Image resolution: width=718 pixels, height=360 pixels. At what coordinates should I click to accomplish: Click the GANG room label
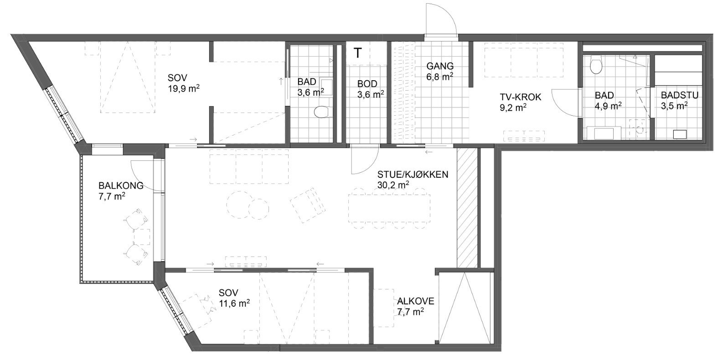pos(440,66)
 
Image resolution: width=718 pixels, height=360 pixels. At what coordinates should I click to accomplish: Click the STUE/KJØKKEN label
pos(413,174)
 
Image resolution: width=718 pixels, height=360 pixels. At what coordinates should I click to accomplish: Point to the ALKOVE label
pos(415,301)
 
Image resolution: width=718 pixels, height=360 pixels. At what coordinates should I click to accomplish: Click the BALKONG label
pos(121,186)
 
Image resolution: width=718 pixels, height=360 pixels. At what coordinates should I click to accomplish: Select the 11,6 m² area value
pos(234,303)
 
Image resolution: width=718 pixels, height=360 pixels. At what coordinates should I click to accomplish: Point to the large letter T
pos(358,53)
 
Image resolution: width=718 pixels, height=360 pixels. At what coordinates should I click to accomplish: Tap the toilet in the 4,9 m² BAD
pos(595,67)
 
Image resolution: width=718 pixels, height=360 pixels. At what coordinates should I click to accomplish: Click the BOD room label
pos(367,84)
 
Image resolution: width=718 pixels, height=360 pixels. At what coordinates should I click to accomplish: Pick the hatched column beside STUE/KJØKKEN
pos(467,207)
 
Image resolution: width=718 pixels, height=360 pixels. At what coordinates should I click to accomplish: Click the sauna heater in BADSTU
pos(680,134)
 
